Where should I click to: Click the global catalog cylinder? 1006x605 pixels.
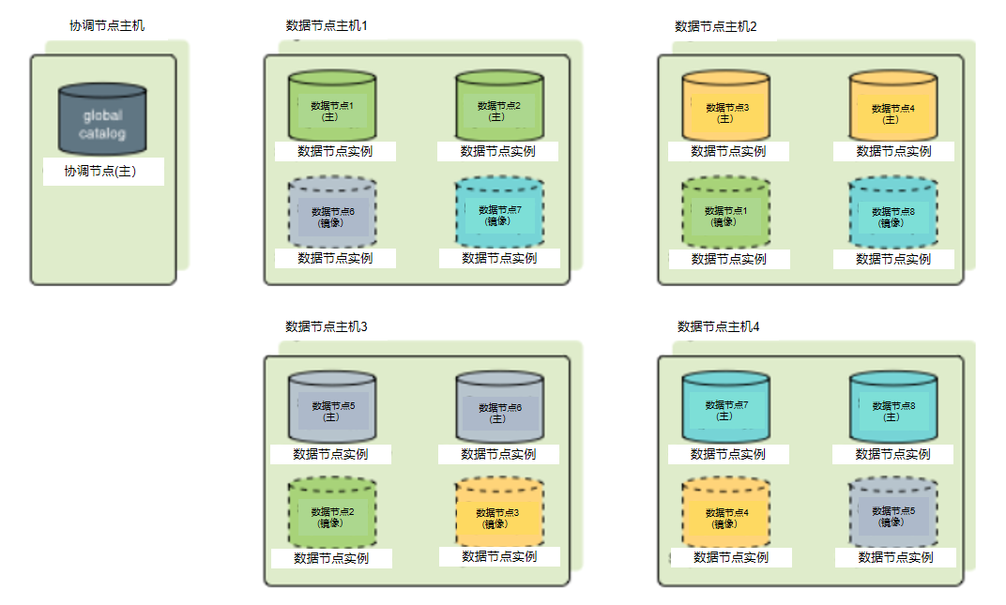coord(102,119)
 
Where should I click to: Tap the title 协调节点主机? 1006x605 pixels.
coord(107,25)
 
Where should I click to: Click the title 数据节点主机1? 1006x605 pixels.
coord(326,25)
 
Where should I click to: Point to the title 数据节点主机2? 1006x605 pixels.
coord(715,26)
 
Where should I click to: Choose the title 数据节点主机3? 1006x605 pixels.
coord(326,326)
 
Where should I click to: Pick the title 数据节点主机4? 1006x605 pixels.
coord(718,326)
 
